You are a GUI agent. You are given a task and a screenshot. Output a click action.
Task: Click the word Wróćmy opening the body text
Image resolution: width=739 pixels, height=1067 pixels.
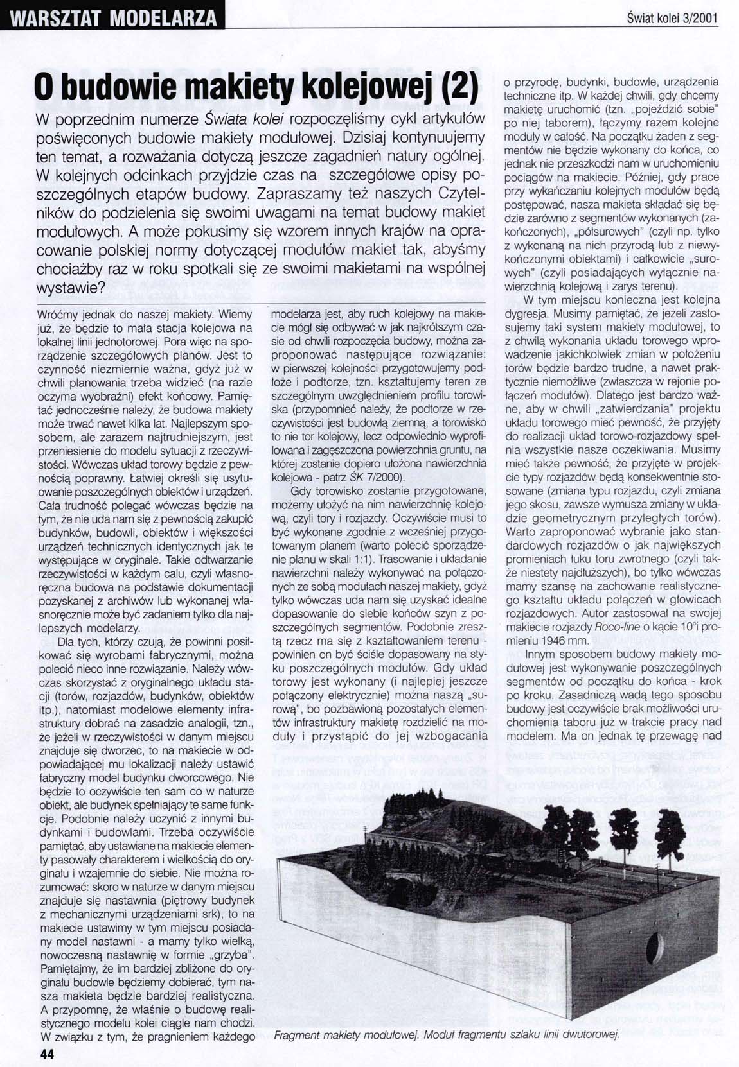(x=58, y=316)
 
